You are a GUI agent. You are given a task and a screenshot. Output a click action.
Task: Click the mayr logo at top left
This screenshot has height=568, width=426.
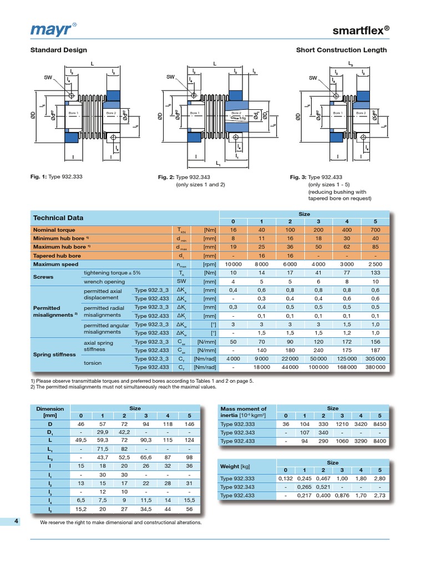[50, 28]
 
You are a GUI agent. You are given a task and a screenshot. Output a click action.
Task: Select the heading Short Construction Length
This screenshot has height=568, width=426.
[341, 50]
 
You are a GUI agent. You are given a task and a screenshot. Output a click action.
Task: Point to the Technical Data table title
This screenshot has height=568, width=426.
[58, 218]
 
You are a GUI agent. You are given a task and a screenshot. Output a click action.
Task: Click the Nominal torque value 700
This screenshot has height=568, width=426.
[376, 230]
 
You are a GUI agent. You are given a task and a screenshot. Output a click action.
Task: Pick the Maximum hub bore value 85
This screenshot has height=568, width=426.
[376, 247]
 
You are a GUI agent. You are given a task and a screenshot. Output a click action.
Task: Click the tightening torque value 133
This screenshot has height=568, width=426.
[376, 273]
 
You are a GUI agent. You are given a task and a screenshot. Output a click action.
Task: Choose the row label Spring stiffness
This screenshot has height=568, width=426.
[54, 354]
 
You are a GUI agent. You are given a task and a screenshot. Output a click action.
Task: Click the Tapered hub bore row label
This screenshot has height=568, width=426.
[57, 256]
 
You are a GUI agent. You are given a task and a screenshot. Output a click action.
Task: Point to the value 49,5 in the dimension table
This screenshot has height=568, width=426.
[81, 440]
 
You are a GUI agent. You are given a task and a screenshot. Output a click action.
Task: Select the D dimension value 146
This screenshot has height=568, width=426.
[190, 424]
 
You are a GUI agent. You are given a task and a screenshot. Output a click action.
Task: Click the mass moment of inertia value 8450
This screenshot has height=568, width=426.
[379, 424]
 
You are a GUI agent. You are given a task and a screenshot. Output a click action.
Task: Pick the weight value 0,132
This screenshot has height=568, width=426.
[286, 478]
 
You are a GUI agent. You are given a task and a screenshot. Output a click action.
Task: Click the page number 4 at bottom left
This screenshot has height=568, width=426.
[17, 521]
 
